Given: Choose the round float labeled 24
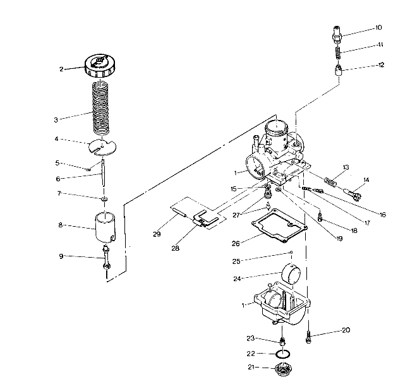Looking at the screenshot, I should click(x=296, y=275).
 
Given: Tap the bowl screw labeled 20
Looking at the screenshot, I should click(x=308, y=335).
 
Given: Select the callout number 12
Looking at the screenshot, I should click(x=380, y=65).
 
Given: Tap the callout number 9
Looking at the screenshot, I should click(x=62, y=256).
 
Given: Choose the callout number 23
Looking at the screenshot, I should click(x=250, y=339).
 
